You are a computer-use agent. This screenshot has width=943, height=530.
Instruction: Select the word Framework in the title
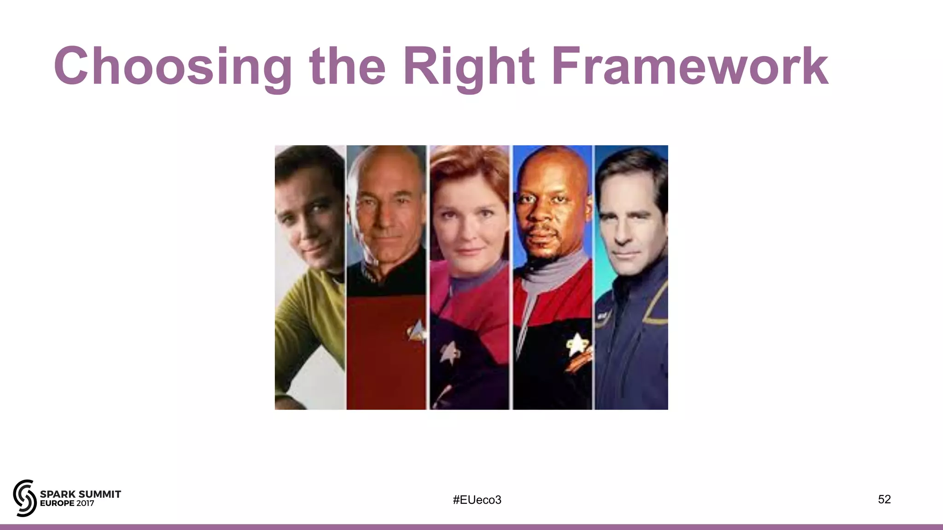point(690,67)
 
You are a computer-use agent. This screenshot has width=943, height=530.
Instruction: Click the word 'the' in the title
point(348,67)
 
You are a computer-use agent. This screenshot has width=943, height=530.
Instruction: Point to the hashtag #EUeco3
point(477,500)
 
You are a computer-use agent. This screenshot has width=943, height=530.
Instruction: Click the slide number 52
point(884,499)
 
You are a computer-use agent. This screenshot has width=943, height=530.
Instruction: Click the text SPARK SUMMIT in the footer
point(81,494)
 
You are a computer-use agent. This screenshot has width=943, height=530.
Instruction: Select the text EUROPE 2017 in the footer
point(67,503)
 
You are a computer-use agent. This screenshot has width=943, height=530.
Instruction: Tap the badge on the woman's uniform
point(448,352)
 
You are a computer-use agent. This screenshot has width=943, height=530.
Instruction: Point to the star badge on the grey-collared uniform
point(576,344)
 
